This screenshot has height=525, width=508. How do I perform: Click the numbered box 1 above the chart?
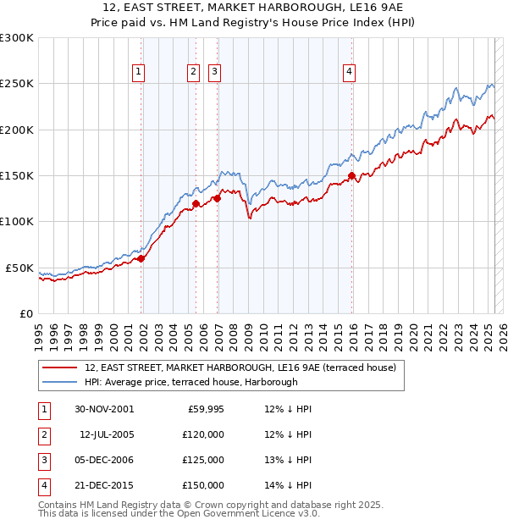pyautogui.click(x=138, y=73)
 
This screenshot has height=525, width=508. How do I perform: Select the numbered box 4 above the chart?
pyautogui.click(x=349, y=73)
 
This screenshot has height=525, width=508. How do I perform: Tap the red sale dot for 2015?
pyautogui.click(x=351, y=176)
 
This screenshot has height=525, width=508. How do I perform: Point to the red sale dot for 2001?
pyautogui.click(x=141, y=259)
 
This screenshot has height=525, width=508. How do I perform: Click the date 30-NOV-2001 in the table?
pyautogui.click(x=104, y=409)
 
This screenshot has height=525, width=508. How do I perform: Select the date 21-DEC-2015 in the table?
pyautogui.click(x=104, y=485)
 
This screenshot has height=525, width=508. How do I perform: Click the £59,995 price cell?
pyautogui.click(x=202, y=409)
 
